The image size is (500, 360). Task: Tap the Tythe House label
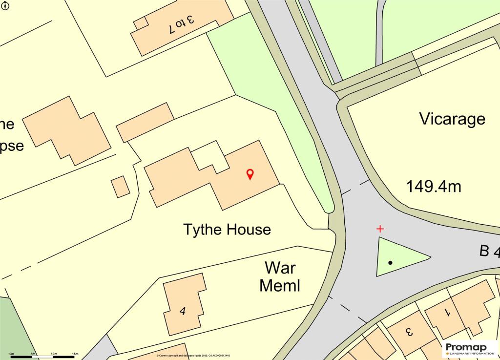point(227,229)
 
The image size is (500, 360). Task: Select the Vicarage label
point(452,119)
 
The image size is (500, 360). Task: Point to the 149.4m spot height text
point(434,186)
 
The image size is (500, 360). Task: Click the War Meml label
point(280,276)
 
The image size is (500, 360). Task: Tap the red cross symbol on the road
point(380,229)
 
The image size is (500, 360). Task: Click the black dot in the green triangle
point(390,263)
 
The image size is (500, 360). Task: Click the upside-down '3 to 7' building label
point(181,23)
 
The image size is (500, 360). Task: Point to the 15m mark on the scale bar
point(75,354)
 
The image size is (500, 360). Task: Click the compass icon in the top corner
point(4,5)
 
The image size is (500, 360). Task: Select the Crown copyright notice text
point(193,356)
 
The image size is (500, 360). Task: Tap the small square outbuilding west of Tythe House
point(121,187)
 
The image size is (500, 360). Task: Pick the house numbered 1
point(448,313)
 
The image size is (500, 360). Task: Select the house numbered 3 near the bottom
point(409,332)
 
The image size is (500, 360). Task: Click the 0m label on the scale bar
point(12,354)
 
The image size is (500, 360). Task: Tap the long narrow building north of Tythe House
point(145,122)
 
